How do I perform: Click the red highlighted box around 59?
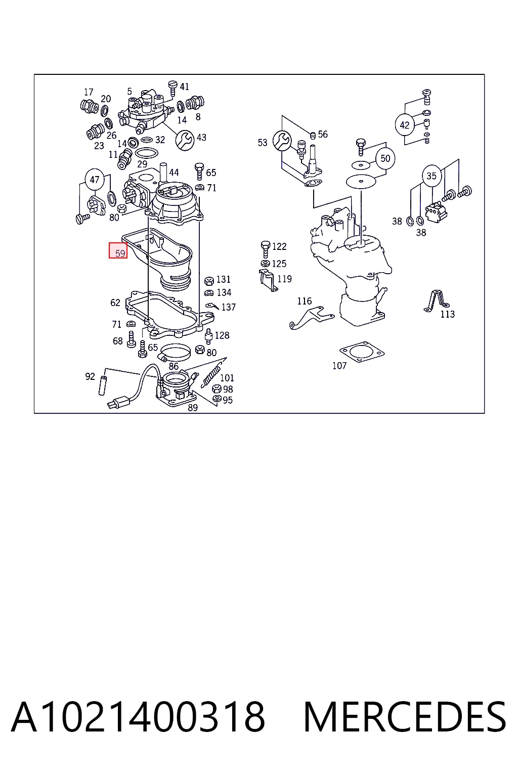click(118, 250)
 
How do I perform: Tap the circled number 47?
click(95, 180)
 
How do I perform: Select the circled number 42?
click(405, 125)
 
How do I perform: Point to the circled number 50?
click(385, 158)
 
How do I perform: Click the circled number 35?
click(431, 176)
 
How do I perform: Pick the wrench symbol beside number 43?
click(185, 141)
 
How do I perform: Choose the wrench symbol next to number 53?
click(282, 141)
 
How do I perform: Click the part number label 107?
click(339, 366)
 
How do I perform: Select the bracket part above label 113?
click(436, 301)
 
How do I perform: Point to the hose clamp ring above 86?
click(175, 352)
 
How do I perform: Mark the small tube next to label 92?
click(102, 385)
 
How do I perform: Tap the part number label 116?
click(305, 301)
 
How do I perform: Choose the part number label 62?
click(115, 303)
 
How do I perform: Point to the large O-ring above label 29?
click(146, 153)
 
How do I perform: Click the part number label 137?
click(228, 307)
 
